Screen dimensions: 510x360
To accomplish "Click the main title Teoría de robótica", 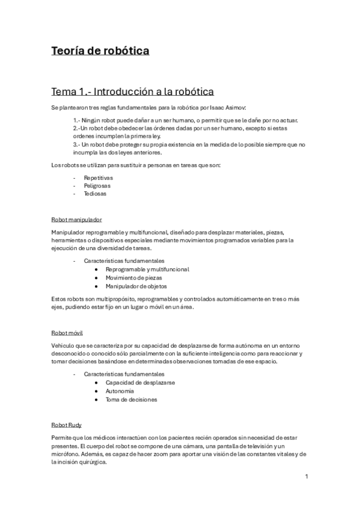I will point(100,51).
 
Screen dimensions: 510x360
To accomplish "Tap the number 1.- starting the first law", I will point(77,120).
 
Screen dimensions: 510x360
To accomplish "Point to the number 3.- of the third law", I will point(77,145).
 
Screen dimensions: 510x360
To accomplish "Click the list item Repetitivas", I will point(99,178).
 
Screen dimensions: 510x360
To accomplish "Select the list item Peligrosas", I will point(98,186).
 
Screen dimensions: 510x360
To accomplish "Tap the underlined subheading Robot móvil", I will point(67,333).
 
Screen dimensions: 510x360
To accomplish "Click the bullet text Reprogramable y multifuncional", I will point(147,269).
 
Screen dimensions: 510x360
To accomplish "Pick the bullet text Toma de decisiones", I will point(131,399).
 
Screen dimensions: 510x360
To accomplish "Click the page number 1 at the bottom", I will point(307,477).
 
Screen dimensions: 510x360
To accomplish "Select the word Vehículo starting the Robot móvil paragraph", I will point(63,345).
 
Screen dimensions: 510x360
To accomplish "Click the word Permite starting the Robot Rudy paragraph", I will point(62,437).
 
